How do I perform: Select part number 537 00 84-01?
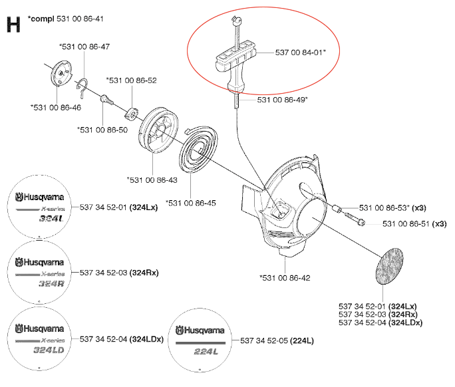[300, 52]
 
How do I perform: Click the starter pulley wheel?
[154, 126]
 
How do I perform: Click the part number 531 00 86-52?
[131, 80]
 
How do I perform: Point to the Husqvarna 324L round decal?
[38, 205]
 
